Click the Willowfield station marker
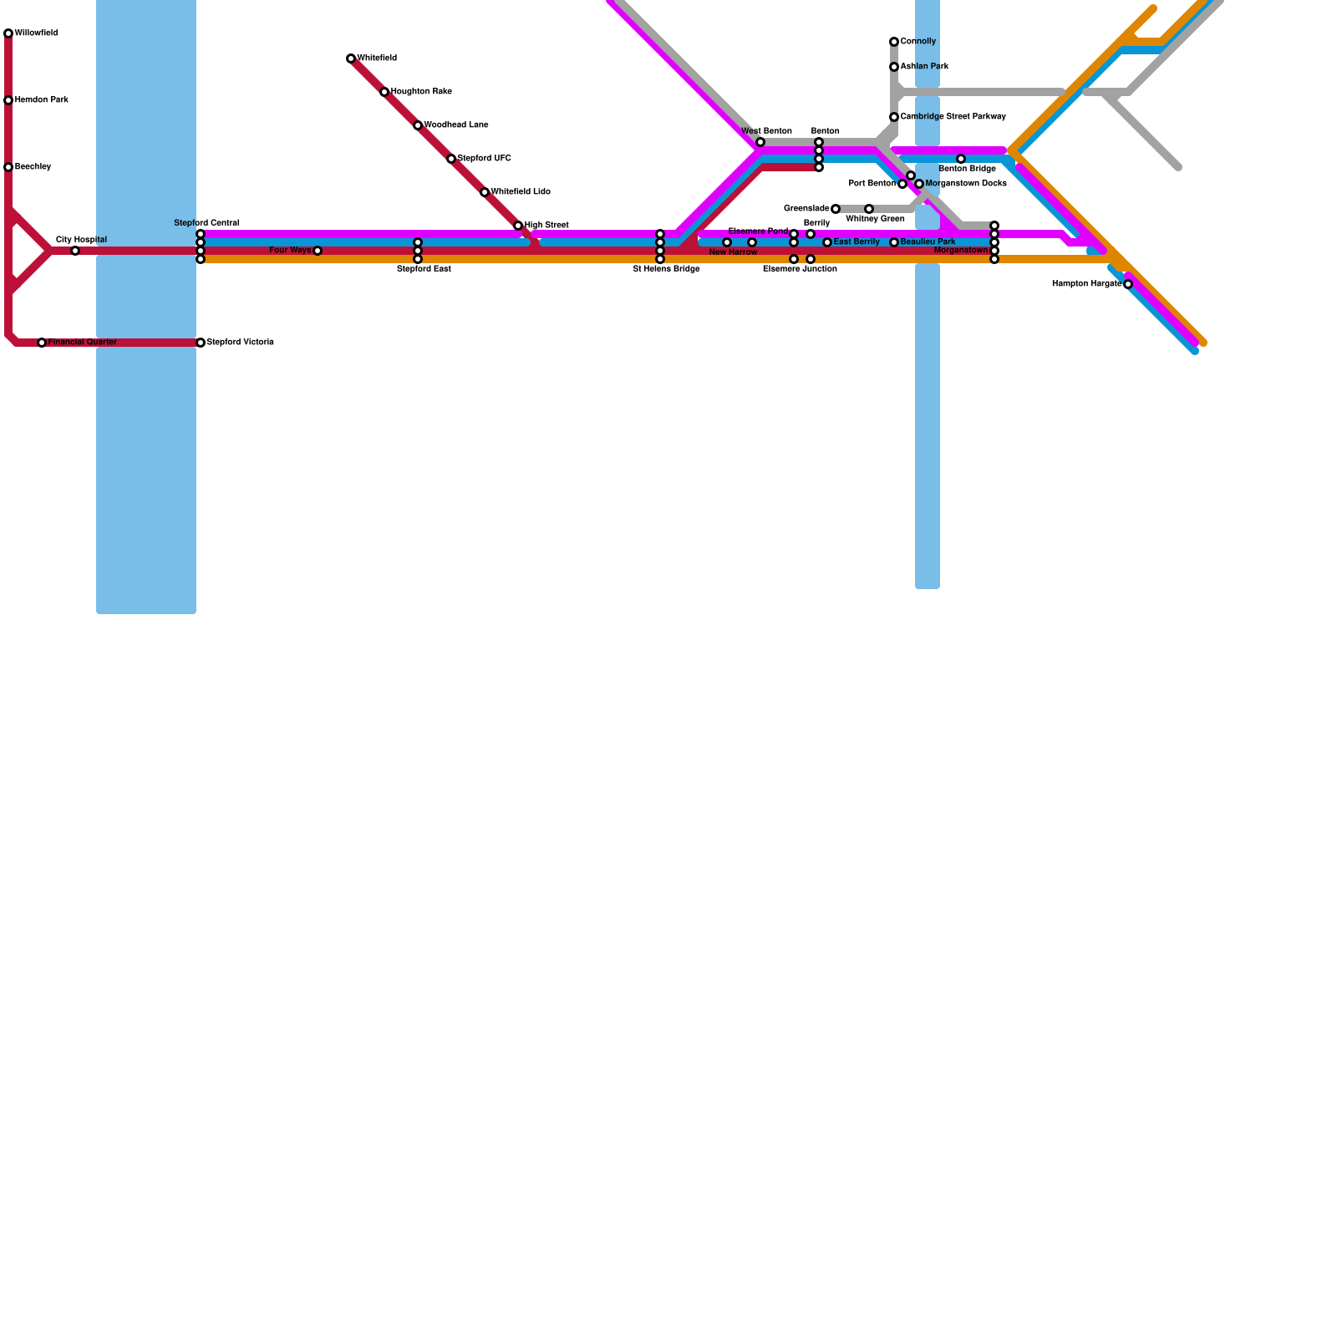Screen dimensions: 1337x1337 coord(8,33)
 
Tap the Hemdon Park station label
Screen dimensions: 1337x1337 coord(42,100)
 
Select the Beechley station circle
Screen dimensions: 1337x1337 coord(8,167)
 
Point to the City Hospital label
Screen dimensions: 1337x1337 coord(81,240)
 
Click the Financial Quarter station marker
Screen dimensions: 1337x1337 coord(42,343)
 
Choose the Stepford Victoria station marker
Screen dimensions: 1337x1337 coord(201,343)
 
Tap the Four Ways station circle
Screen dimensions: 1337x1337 coord(318,251)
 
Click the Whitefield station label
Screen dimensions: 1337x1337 coord(377,58)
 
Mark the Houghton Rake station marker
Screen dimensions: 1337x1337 coord(384,92)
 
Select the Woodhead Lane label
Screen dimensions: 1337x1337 coord(456,125)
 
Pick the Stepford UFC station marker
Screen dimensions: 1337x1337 coord(451,159)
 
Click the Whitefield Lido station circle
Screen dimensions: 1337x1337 coord(485,192)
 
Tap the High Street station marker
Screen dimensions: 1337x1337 coord(518,226)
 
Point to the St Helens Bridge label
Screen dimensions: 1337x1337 coord(666,269)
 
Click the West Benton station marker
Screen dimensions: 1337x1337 coord(760,142)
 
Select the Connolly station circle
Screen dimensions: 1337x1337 coord(894,42)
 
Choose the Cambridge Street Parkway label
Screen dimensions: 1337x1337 coord(953,117)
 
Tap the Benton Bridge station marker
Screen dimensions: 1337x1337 coord(961,159)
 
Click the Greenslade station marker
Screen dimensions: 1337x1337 coord(836,209)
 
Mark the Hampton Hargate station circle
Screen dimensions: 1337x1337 coord(1128,284)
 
